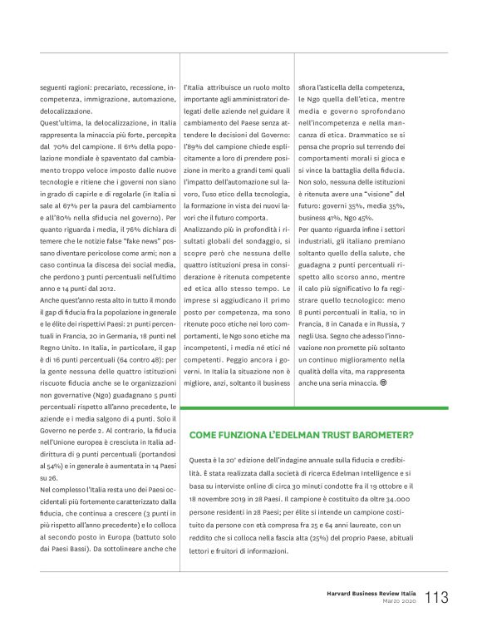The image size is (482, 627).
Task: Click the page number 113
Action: pyautogui.click(x=440, y=596)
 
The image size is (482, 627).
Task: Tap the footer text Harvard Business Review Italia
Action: pyautogui.click(x=370, y=591)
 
